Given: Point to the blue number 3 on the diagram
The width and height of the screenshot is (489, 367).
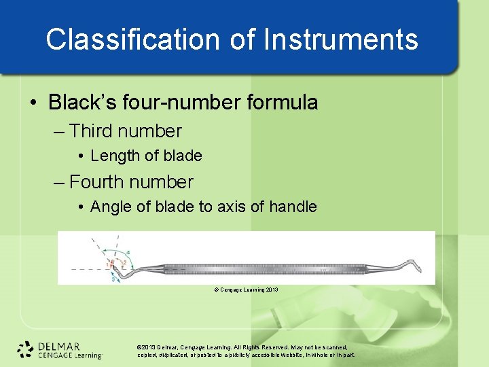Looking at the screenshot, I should coord(113,278).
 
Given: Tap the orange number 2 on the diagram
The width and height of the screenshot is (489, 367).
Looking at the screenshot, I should coord(124,263).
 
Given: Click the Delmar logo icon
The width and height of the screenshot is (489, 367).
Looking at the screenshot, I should coord(26,349).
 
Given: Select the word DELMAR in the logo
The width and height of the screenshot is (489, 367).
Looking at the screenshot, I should coord(59,345).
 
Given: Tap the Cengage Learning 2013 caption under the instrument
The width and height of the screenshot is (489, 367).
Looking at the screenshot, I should coord(246,290).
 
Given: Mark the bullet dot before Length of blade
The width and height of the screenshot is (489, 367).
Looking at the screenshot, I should coord(81,156).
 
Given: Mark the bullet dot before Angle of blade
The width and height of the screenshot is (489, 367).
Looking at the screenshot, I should coord(81,207).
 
